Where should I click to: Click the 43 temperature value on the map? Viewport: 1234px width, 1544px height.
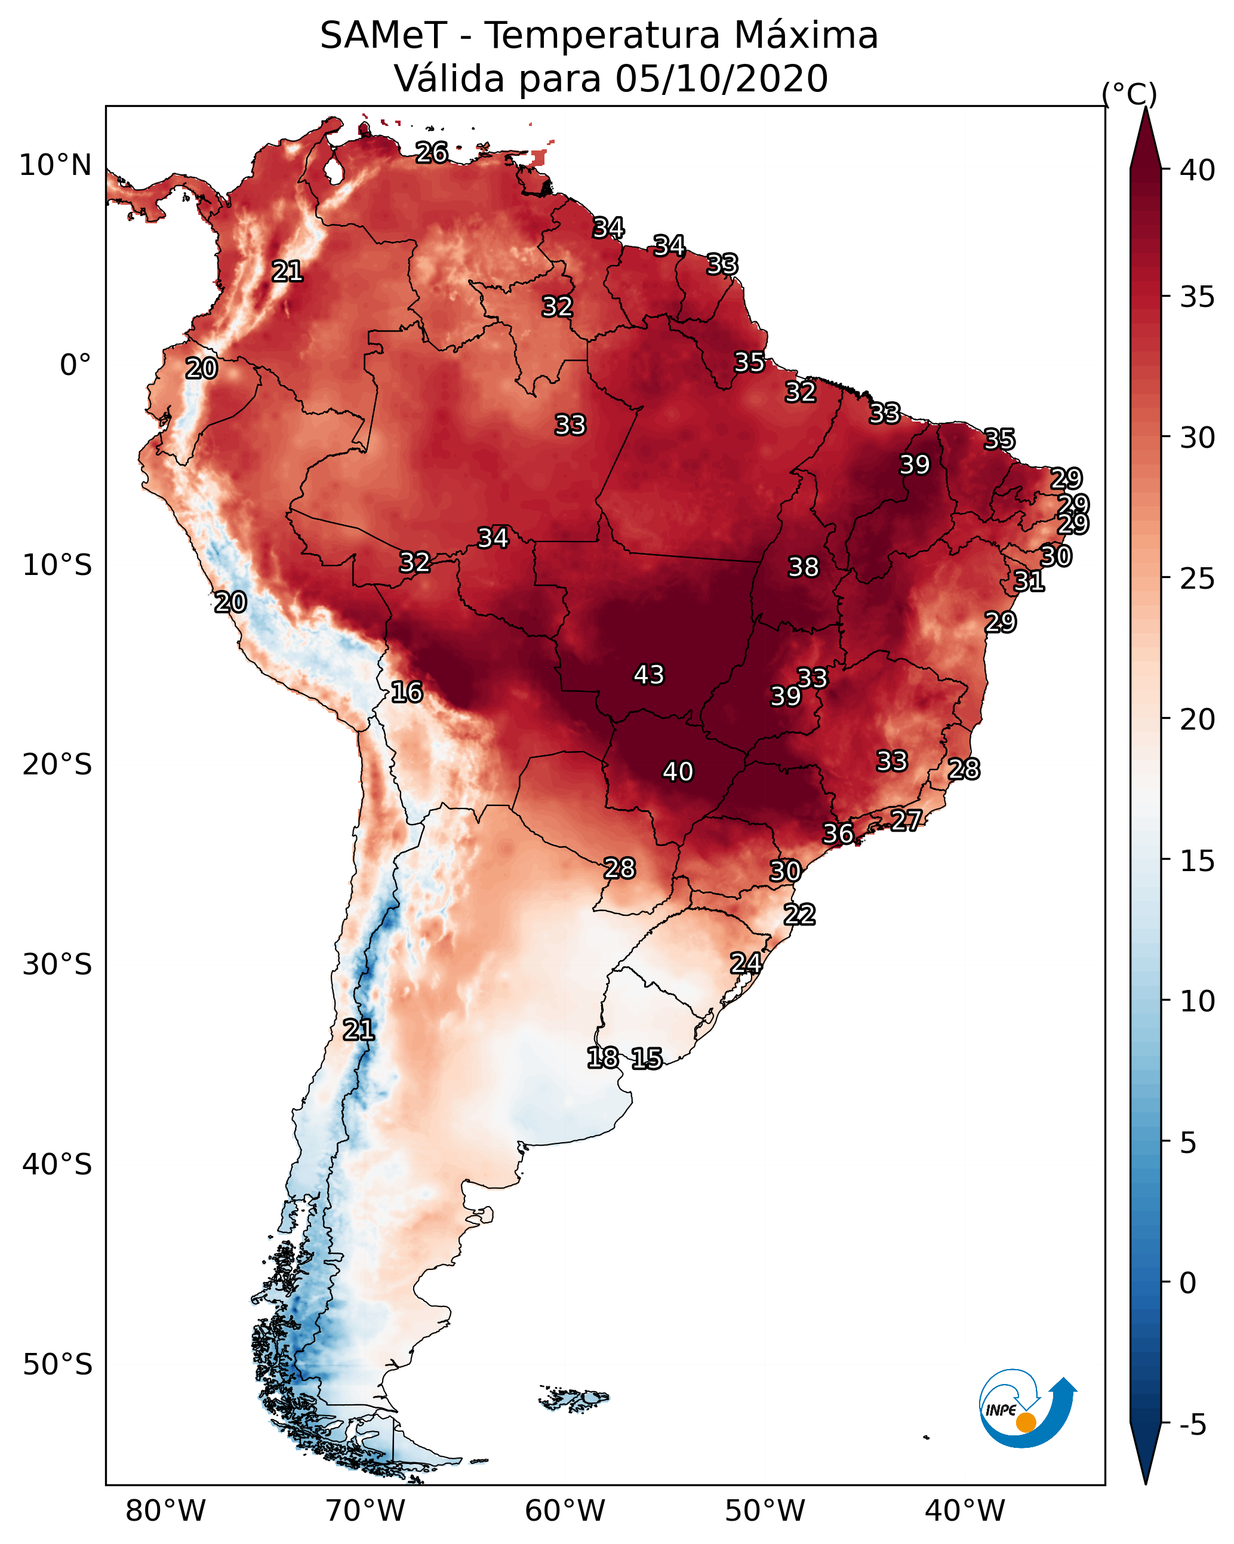[x=649, y=675]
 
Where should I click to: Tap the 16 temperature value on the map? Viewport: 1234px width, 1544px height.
[x=407, y=692]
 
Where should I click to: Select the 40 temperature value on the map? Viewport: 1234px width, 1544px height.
[x=678, y=771]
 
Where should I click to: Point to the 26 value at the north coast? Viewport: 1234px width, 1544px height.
[x=432, y=152]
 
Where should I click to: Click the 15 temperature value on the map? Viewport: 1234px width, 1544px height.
[x=647, y=1058]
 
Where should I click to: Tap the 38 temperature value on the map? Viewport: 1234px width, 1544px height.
[x=803, y=567]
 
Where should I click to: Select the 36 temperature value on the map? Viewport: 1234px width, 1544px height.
[x=838, y=833]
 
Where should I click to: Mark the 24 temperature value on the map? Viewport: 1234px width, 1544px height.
[x=746, y=962]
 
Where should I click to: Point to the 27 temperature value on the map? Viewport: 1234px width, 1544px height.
[x=906, y=819]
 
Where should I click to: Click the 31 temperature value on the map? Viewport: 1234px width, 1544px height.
[x=1029, y=581]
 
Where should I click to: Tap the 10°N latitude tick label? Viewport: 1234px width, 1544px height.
[x=55, y=165]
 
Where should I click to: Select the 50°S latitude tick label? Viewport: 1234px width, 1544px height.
[x=57, y=1365]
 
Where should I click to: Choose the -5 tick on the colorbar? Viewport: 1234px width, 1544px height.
[x=1192, y=1425]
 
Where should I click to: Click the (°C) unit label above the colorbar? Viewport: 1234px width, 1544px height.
[x=1130, y=93]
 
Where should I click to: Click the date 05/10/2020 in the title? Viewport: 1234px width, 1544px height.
[x=721, y=78]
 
